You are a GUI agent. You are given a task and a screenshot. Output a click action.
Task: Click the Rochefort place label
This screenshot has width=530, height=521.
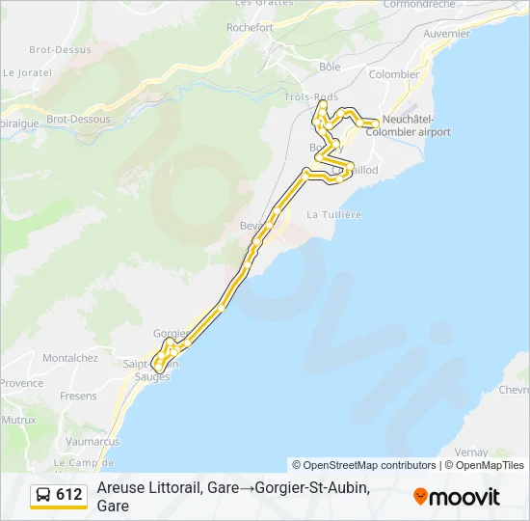click(250, 28)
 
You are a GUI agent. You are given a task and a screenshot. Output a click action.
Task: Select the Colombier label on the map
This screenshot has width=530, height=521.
click(394, 74)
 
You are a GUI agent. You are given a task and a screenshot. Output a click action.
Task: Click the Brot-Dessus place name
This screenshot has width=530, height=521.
click(60, 49)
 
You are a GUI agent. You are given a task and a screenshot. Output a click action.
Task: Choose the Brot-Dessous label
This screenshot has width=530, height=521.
click(79, 120)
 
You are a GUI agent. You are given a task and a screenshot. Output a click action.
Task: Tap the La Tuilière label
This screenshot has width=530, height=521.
click(333, 214)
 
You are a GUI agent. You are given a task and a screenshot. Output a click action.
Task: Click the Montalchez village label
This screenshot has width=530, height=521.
click(70, 357)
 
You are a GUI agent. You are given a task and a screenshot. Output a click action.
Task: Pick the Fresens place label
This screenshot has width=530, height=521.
click(78, 396)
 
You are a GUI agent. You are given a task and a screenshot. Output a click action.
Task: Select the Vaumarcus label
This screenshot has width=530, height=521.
click(93, 441)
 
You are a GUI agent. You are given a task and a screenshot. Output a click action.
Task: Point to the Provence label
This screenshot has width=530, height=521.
click(21, 383)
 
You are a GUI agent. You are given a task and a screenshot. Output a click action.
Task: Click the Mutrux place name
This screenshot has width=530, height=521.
click(18, 420)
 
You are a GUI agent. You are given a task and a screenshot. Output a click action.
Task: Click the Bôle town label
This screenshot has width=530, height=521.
click(330, 67)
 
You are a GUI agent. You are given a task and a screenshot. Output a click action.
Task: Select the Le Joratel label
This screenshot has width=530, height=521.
click(25, 71)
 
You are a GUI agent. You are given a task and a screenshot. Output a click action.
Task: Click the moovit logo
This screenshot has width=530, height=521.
click(457, 497)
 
